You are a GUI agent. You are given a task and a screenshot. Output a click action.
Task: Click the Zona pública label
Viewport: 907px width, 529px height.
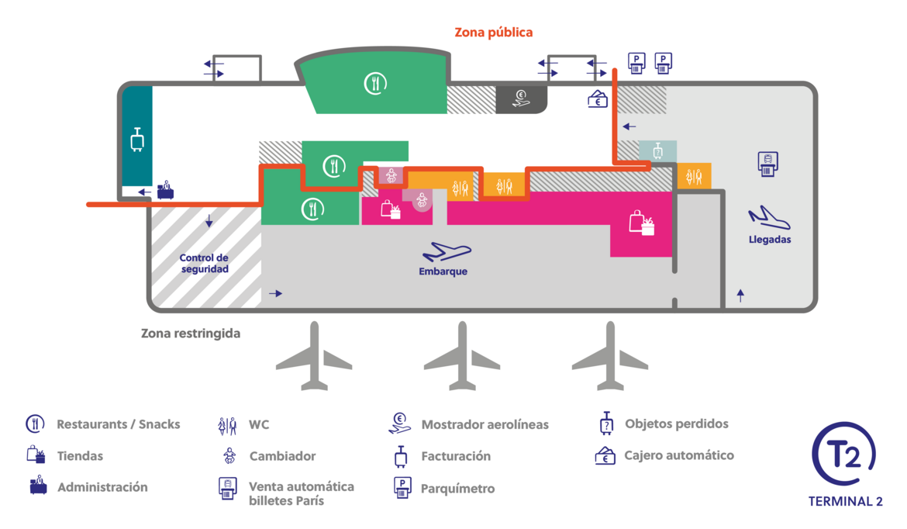click(493, 33)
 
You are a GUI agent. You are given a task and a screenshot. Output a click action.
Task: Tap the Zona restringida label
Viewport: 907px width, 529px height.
click(190, 334)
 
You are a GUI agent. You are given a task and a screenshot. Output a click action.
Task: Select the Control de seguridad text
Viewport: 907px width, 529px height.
click(204, 264)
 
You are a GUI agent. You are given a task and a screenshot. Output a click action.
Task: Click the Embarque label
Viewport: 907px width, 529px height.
click(443, 271)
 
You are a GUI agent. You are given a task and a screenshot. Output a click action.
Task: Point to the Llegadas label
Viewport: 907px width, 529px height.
click(770, 240)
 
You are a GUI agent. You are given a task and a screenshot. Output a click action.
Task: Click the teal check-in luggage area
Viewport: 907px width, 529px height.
click(137, 136)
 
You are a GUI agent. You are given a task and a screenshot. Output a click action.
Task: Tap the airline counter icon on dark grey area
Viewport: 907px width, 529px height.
click(521, 99)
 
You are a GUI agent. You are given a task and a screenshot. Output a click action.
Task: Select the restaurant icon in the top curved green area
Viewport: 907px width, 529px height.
click(375, 84)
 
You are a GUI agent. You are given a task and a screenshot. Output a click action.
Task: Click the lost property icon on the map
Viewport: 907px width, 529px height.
click(657, 151)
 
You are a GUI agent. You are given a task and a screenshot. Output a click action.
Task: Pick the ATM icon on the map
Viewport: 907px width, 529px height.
click(598, 99)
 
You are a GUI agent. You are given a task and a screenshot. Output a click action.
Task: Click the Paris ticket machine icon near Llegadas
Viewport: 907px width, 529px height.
click(767, 164)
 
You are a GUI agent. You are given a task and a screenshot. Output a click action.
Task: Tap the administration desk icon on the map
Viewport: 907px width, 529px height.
click(165, 190)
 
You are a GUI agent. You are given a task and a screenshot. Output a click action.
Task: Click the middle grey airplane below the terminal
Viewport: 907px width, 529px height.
click(461, 356)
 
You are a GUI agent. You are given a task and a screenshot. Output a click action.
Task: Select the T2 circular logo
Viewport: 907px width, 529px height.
click(844, 455)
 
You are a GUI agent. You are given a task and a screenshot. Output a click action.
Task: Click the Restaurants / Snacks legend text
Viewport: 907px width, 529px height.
click(119, 424)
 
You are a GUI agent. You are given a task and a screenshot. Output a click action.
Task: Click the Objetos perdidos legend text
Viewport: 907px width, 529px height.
click(677, 424)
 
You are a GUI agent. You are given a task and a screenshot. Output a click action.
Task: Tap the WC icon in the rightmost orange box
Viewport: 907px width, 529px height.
click(694, 177)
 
